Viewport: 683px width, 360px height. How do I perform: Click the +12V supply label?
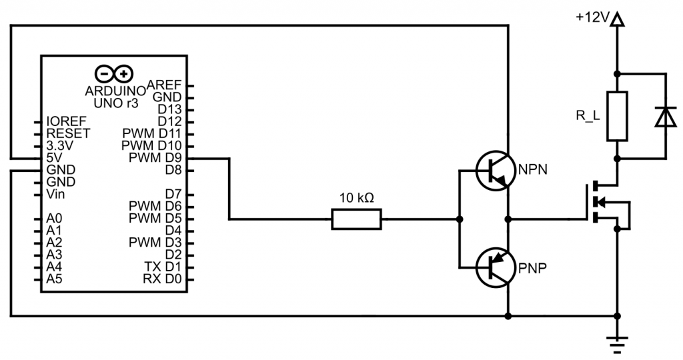pos(593,19)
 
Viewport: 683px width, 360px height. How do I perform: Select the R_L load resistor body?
pos(617,117)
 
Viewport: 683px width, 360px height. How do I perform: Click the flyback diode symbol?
pos(665,117)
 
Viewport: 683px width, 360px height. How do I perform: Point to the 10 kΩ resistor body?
pos(357,219)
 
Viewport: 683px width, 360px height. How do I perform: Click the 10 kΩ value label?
pos(358,198)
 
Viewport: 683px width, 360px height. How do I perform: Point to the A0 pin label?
pos(55,218)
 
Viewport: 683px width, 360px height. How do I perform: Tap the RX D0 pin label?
pos(162,279)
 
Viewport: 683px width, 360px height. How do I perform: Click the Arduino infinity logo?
pos(115,73)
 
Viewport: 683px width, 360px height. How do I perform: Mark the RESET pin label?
pos(68,133)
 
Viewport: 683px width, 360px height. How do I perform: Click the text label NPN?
pos(533,169)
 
